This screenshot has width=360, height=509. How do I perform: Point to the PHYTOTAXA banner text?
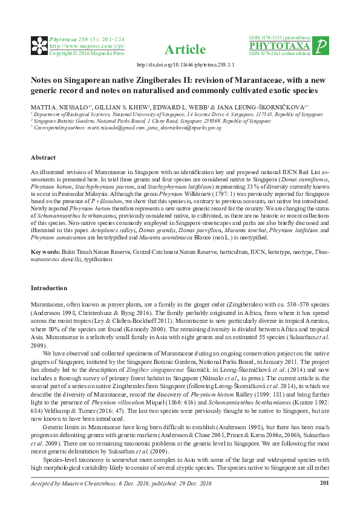[280, 46]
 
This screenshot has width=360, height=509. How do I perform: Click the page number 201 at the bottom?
[324, 499]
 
